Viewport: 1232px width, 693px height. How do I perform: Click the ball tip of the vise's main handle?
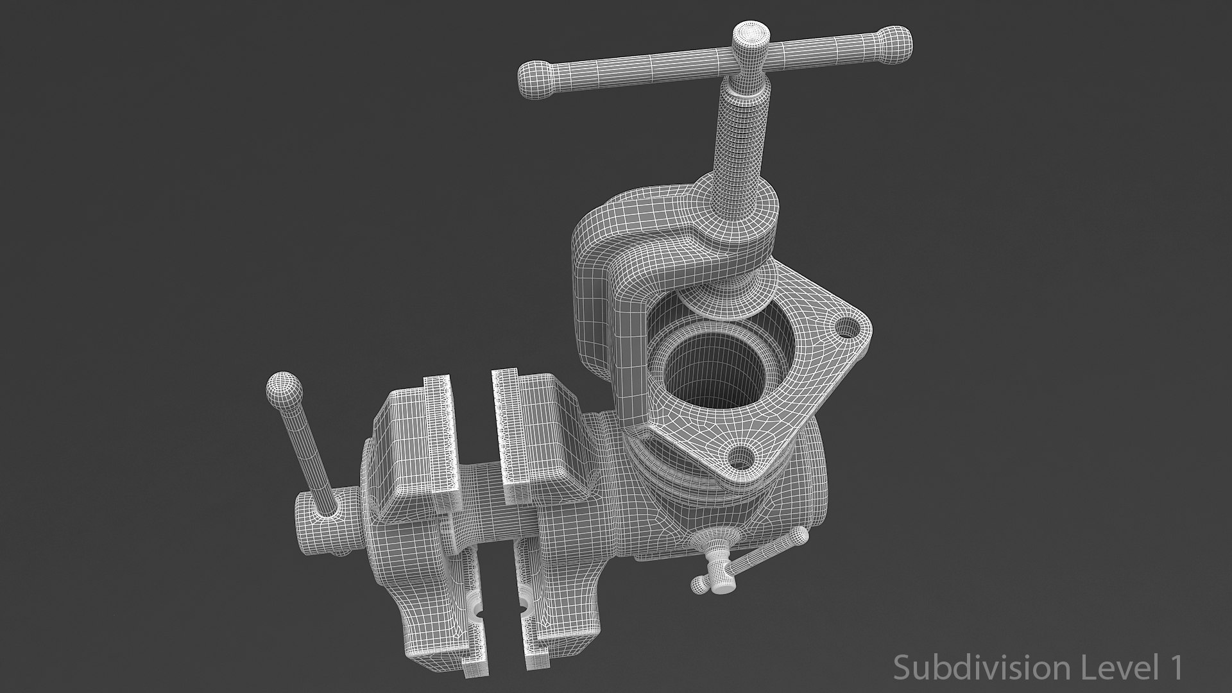pyautogui.click(x=283, y=388)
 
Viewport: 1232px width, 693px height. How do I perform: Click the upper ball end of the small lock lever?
pyautogui.click(x=801, y=536)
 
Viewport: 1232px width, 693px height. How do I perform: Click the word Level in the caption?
pyautogui.click(x=1109, y=667)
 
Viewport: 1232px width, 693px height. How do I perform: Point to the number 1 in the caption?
pyautogui.click(x=1174, y=667)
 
